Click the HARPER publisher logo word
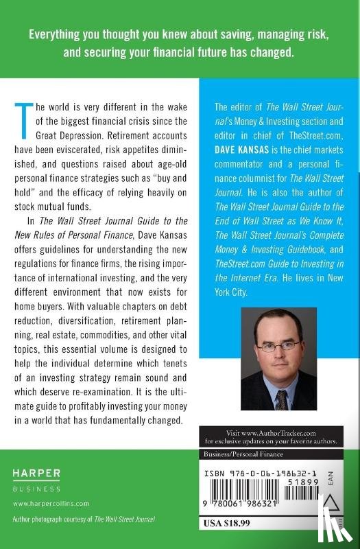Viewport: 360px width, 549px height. point(36,472)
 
